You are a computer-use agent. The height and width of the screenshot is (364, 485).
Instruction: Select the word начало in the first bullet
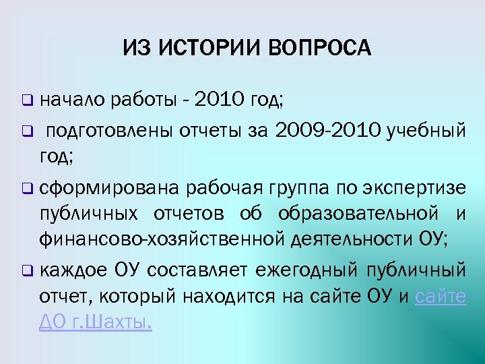(x=72, y=101)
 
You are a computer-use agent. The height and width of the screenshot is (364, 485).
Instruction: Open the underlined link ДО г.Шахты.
(x=95, y=324)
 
